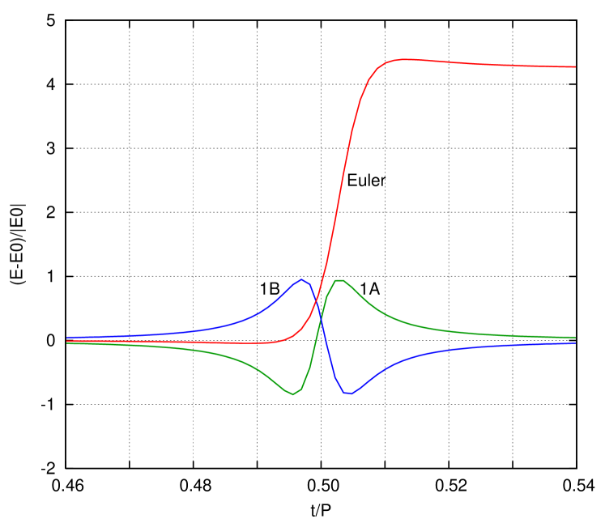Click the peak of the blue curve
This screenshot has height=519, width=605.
(301, 279)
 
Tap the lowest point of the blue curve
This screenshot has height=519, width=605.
(347, 394)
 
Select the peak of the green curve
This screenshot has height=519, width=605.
(339, 280)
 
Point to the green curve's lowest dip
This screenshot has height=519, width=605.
(293, 394)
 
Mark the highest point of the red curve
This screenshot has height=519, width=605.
(403, 59)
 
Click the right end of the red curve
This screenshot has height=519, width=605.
(576, 66)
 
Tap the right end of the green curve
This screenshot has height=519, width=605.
(576, 337)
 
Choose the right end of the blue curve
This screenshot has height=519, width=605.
(576, 342)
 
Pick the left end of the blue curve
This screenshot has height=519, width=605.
(66, 338)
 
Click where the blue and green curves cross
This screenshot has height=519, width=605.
(321, 321)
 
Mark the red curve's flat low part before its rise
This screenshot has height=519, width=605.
(178, 342)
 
